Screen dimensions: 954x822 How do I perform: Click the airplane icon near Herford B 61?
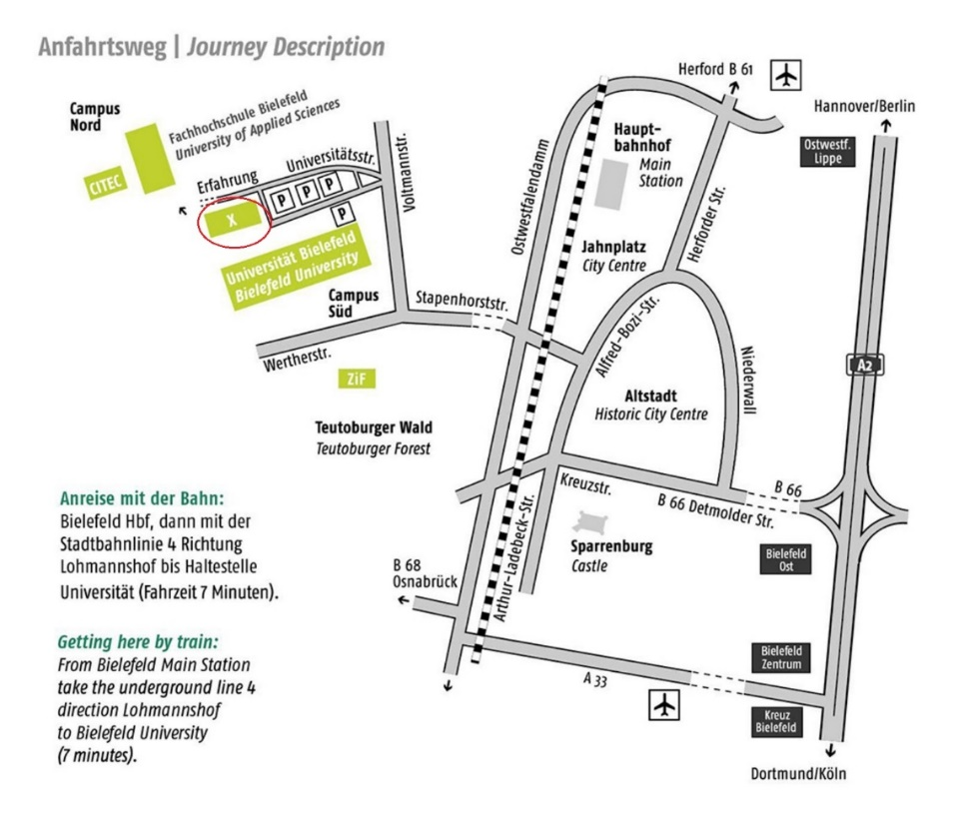pyautogui.click(x=786, y=76)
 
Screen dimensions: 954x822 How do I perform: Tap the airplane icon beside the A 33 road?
pyautogui.click(x=664, y=705)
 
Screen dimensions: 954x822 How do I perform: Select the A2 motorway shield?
pyautogui.click(x=864, y=366)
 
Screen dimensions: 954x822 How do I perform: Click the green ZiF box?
pyautogui.click(x=357, y=380)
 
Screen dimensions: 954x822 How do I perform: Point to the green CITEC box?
pyautogui.click(x=106, y=183)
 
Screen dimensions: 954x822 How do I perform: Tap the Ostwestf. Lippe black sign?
pyautogui.click(x=827, y=152)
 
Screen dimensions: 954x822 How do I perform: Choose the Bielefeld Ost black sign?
pyautogui.click(x=786, y=559)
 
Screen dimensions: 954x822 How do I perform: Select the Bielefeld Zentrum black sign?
pyautogui.click(x=782, y=658)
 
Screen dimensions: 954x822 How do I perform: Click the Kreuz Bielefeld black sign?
pyautogui.click(x=776, y=721)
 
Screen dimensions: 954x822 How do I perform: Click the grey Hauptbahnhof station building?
pyautogui.click(x=610, y=185)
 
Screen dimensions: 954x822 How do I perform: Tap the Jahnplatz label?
pyautogui.click(x=613, y=247)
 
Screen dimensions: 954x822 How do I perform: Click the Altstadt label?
pyautogui.click(x=650, y=397)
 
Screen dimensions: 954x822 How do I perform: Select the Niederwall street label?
pyautogui.click(x=748, y=381)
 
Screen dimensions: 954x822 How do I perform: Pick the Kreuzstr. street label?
pyautogui.click(x=586, y=484)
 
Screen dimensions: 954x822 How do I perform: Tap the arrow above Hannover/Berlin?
pyautogui.click(x=886, y=127)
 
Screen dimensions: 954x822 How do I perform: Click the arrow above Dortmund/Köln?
pyautogui.click(x=830, y=750)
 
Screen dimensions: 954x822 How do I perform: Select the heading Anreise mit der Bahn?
pyautogui.click(x=142, y=499)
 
